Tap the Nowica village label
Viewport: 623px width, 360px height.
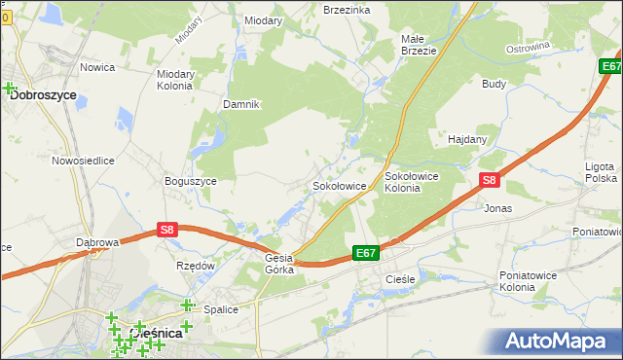pyautogui.click(x=97, y=67)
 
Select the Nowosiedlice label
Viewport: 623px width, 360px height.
pyautogui.click(x=84, y=161)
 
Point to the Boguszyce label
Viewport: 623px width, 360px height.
pyautogui.click(x=191, y=181)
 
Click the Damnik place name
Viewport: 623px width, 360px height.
pyautogui.click(x=241, y=104)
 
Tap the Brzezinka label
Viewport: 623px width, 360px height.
pyautogui.click(x=347, y=9)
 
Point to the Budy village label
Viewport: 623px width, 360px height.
pyautogui.click(x=494, y=84)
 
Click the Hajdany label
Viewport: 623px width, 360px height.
pyautogui.click(x=466, y=139)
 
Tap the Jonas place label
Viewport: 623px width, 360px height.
pyautogui.click(x=497, y=208)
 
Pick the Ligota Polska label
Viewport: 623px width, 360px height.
pyautogui.click(x=600, y=172)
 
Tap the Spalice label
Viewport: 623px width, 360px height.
pyautogui.click(x=222, y=309)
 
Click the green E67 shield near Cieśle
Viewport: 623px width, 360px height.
pyautogui.click(x=365, y=253)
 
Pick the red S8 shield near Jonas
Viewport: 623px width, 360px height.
pyautogui.click(x=490, y=180)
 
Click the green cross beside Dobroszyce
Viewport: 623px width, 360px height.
pyautogui.click(x=11, y=90)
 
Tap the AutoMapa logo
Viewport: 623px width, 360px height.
pyautogui.click(x=561, y=342)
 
